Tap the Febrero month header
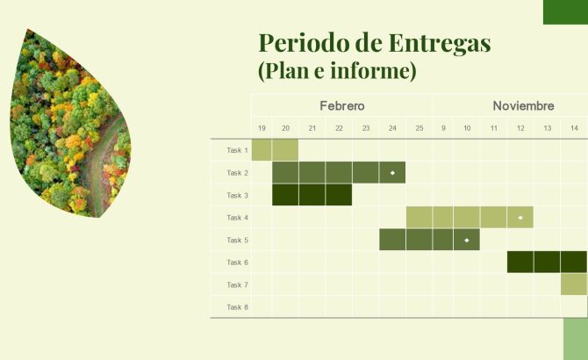pos(341,105)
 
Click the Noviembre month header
pos(523,105)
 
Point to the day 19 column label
pos(262,129)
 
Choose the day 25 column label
pos(419,129)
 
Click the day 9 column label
pos(443,129)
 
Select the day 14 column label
pos(574,129)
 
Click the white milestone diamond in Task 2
pos(392,173)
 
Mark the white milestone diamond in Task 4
pos(520,217)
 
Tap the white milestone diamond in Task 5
pos(467,240)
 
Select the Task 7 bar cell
pos(574,284)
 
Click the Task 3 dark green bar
pos(312,195)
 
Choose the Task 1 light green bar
pos(275,150)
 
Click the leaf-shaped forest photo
pos(70,123)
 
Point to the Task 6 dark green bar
pos(547,263)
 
